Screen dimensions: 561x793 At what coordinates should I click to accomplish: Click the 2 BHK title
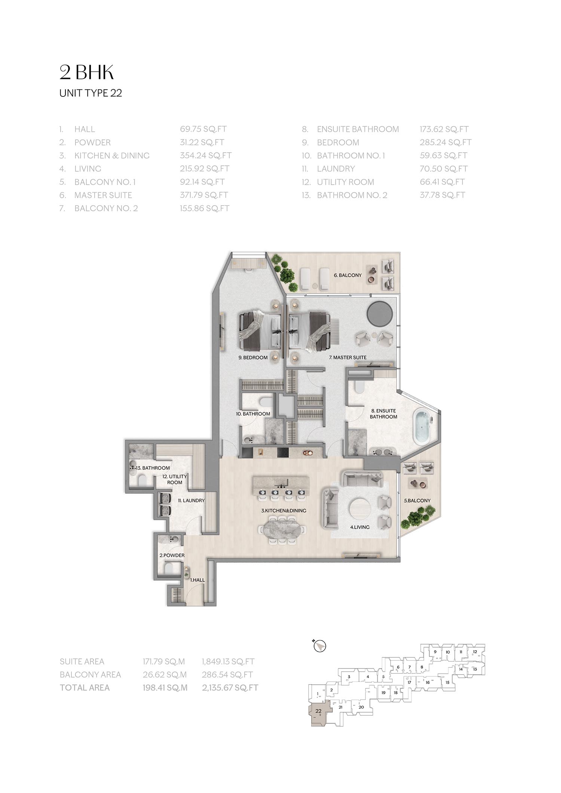click(86, 73)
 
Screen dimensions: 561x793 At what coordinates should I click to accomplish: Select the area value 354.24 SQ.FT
click(206, 156)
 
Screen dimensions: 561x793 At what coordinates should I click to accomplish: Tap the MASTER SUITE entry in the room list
click(103, 195)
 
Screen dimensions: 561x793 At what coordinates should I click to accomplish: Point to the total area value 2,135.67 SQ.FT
click(230, 688)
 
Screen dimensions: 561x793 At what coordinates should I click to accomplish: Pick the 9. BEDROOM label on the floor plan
click(253, 357)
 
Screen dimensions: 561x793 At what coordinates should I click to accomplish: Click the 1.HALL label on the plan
click(197, 580)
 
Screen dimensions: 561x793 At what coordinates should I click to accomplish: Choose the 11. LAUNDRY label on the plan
click(191, 500)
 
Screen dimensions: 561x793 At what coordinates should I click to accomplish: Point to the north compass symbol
click(321, 646)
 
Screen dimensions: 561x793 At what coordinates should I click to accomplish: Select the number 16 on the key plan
click(427, 682)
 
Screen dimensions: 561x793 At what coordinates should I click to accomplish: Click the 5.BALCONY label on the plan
click(417, 500)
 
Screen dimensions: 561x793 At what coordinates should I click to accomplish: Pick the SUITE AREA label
click(82, 661)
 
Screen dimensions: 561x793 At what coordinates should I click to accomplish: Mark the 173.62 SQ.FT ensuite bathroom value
click(444, 129)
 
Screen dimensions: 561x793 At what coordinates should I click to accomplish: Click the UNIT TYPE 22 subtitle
click(91, 93)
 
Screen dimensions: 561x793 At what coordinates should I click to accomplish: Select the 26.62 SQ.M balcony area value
click(164, 674)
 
